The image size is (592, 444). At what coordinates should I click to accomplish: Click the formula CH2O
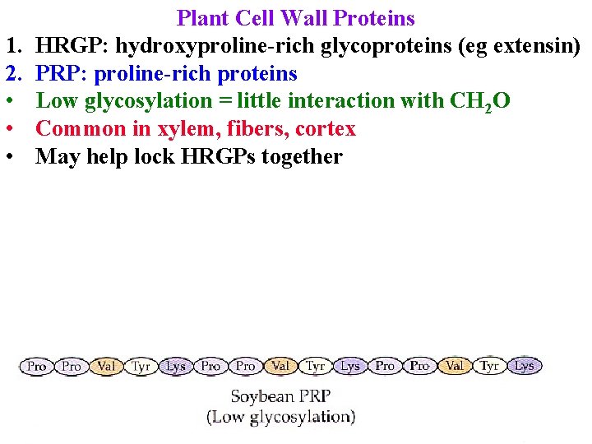pos(481,101)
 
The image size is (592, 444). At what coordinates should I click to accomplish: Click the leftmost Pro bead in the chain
pos(37,366)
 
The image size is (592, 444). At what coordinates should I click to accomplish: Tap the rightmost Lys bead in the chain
pos(524,366)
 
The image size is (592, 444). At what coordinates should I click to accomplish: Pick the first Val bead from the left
pos(106,366)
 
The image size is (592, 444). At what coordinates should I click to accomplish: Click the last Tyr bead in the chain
pos(489,366)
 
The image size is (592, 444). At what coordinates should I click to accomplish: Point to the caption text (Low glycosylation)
pos(281,417)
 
